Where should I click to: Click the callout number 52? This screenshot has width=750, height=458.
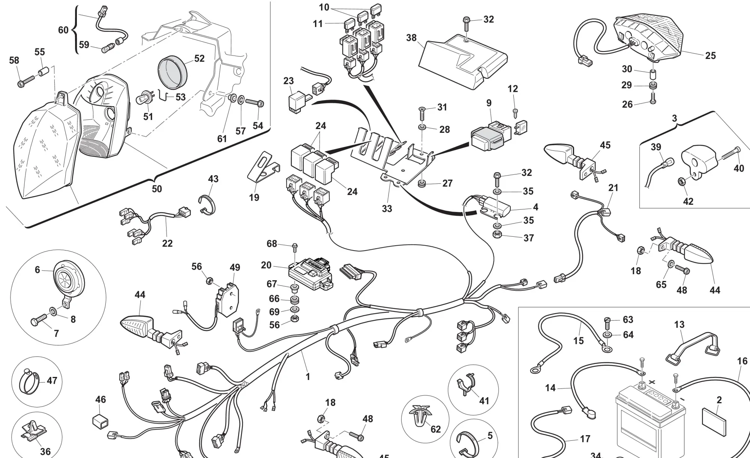coord(199,59)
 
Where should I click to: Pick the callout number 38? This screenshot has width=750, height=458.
coord(411,38)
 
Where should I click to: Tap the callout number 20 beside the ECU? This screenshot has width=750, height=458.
coord(266,265)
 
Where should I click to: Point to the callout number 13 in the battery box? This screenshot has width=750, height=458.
coord(679,324)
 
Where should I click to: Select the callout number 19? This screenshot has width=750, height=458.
coord(254,197)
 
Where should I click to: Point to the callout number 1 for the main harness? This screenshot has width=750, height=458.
coord(308,376)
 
